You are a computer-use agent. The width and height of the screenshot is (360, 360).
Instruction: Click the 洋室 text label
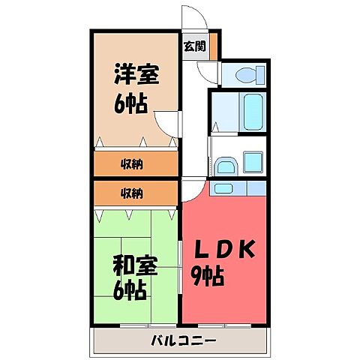[136, 74]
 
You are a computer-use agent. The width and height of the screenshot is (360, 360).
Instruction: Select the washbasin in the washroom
[224, 166]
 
